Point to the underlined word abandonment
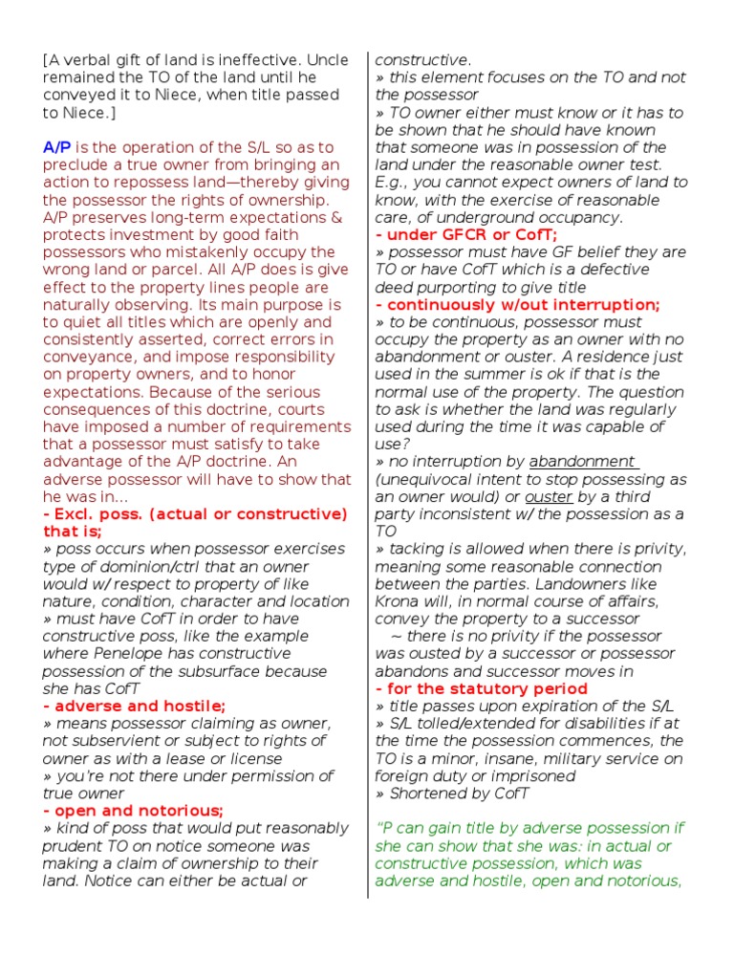[582, 462]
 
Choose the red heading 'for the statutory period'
[482, 688]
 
